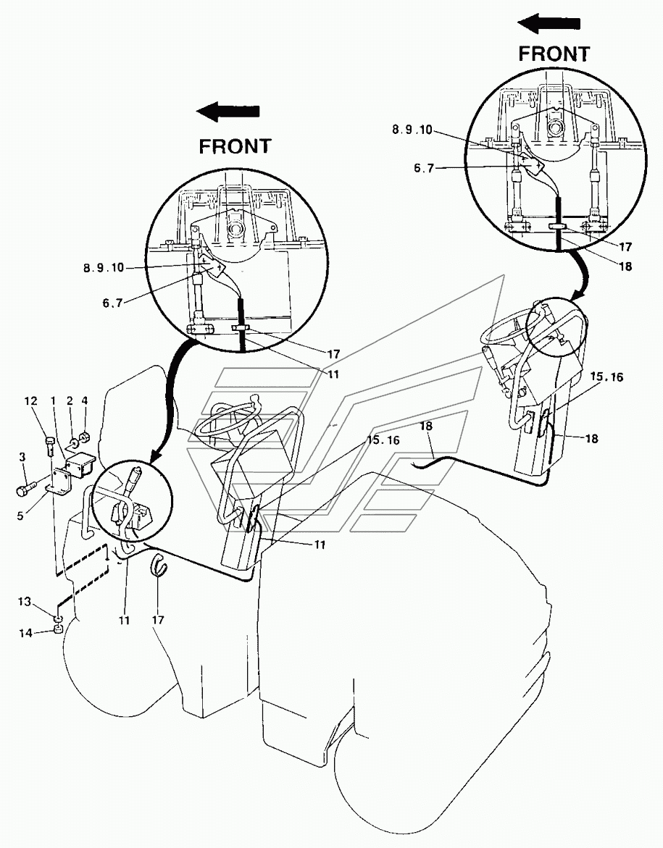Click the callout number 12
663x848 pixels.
tap(30, 400)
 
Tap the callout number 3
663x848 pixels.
tap(22, 458)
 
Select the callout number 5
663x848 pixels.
tap(20, 516)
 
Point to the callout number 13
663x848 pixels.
tap(25, 601)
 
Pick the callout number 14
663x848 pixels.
tap(26, 633)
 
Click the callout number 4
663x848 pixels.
tap(85, 400)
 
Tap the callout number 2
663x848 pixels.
tap(70, 400)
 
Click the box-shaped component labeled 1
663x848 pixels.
tap(80, 464)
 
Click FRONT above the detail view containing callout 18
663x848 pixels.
tap(554, 54)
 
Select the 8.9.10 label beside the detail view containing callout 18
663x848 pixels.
tap(412, 130)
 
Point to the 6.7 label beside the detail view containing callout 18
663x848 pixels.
tap(424, 168)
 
